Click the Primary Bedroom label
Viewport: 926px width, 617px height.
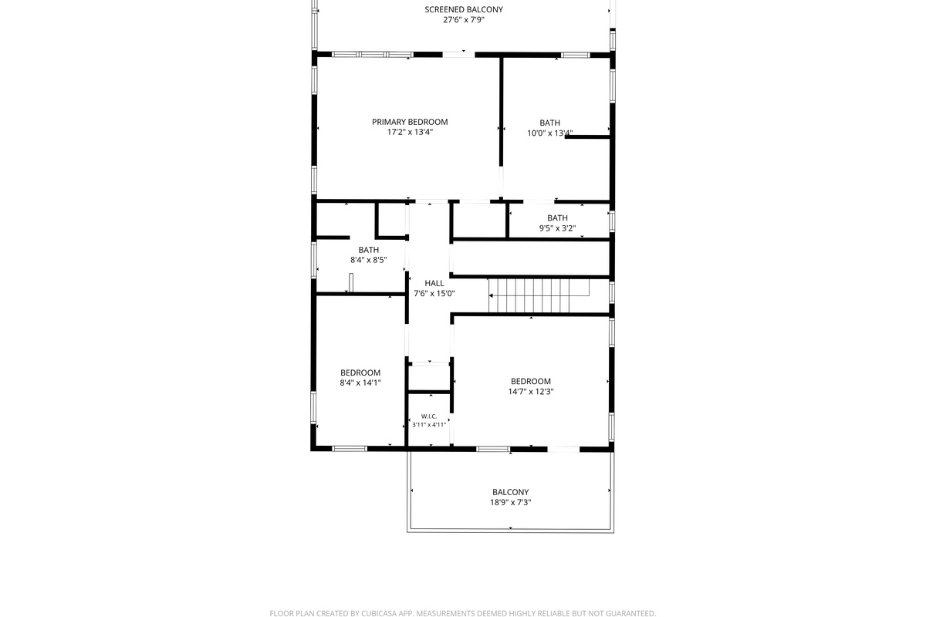point(410,122)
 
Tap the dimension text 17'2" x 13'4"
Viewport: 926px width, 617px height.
point(410,132)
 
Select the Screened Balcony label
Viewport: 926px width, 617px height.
point(464,9)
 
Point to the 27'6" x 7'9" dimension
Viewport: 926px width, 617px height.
point(464,20)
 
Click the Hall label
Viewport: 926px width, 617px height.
point(434,283)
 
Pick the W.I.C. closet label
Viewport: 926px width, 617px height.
point(429,416)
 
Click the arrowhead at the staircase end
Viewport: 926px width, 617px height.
point(491,295)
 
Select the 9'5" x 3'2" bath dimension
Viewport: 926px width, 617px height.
point(557,228)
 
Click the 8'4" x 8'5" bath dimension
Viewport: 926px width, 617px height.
point(368,260)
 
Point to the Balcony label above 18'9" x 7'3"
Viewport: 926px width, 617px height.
point(511,492)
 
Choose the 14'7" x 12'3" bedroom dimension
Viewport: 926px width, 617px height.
point(531,392)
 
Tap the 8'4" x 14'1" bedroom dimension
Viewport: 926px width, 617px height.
point(360,383)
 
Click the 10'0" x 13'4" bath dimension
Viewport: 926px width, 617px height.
point(549,133)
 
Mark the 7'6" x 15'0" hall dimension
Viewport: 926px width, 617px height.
point(434,293)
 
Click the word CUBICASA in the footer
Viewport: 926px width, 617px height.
point(379,614)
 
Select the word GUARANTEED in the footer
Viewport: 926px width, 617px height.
point(631,614)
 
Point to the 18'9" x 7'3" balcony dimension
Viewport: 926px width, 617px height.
point(511,503)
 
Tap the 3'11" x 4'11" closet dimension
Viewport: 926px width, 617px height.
point(429,425)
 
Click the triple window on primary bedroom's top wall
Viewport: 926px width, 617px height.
point(373,55)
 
